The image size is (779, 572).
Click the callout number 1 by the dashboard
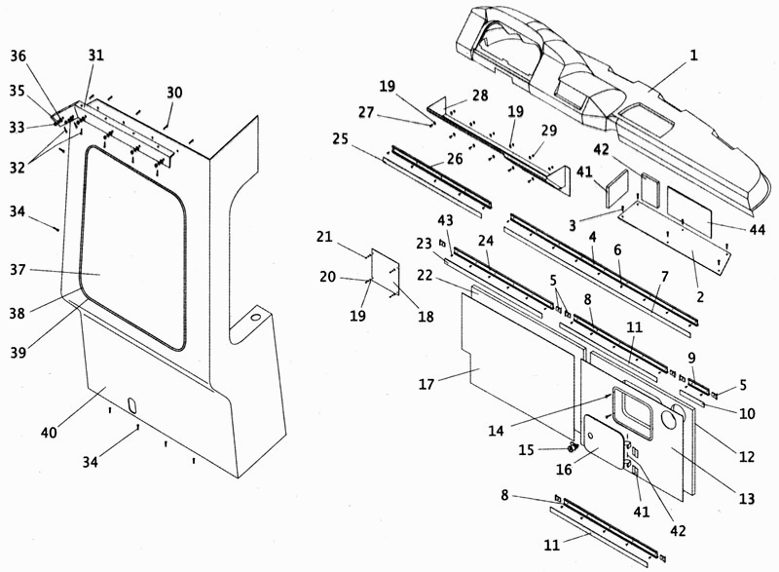pos(693,55)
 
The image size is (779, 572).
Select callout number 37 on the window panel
pos(18,270)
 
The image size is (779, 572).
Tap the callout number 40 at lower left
pos(50,433)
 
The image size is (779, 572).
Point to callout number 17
pos(427,384)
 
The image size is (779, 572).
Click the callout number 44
pos(758,230)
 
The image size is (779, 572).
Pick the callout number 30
pos(174,93)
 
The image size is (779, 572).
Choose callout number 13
pos(747,499)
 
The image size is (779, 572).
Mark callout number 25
pos(340,138)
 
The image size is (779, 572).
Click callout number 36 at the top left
pos(18,56)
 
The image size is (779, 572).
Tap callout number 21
pos(324,237)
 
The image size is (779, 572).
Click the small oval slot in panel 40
pos(132,404)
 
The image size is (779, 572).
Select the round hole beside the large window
pos(256,317)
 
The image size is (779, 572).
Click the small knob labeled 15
pos(573,447)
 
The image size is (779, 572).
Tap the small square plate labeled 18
pos(386,272)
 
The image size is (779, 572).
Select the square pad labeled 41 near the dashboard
pos(617,190)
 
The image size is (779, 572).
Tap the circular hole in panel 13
pos(677,416)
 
